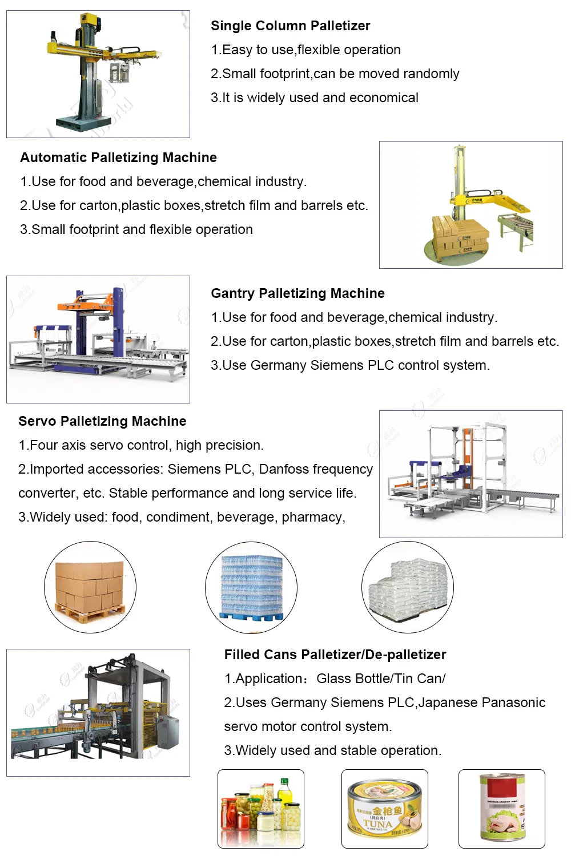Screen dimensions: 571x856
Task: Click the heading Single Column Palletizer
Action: (290, 26)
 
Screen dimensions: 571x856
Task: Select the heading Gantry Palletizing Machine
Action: (297, 293)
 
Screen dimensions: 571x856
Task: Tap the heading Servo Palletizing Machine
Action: (103, 421)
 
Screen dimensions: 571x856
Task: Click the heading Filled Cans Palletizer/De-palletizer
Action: (335, 654)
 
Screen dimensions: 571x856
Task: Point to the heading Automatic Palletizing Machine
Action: (119, 157)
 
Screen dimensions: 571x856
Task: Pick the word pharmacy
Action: (313, 517)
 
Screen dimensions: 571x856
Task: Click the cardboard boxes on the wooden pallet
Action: (90, 587)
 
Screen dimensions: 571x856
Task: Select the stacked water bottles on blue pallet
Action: (252, 587)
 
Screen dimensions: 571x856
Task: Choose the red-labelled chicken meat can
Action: (502, 807)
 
